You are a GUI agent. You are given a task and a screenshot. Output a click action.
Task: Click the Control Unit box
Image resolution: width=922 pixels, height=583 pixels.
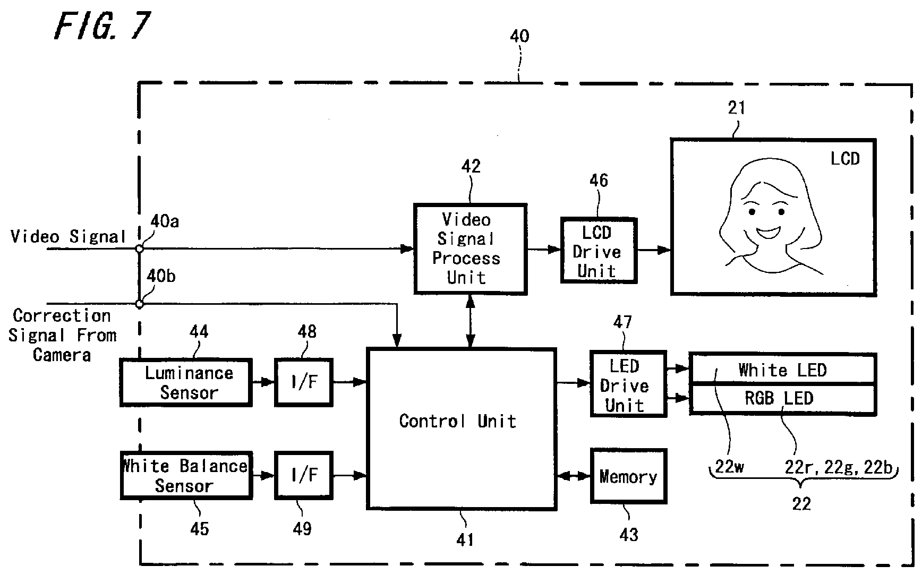point(461,429)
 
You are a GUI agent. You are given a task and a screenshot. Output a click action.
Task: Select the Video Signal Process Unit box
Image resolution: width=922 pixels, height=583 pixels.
point(470,248)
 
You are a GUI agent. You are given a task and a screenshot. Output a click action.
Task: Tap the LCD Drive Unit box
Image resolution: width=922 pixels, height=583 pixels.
point(599,250)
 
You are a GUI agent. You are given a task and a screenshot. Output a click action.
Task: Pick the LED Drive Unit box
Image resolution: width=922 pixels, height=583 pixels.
point(628,383)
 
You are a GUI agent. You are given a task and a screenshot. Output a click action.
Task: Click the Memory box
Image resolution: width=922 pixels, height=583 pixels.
point(628,476)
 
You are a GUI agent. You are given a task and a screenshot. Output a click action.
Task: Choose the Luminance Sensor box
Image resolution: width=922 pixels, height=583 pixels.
point(186,383)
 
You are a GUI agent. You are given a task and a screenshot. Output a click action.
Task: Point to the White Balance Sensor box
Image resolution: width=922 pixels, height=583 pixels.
point(186,475)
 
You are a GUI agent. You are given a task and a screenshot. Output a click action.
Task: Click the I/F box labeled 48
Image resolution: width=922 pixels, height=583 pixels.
point(304,383)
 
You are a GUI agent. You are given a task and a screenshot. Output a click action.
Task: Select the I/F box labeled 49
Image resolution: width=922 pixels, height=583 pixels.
point(304,475)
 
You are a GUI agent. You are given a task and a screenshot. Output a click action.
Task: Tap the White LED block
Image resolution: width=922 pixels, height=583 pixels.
point(782,369)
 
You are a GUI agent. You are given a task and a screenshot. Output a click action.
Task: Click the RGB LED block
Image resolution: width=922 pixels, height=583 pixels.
point(782,399)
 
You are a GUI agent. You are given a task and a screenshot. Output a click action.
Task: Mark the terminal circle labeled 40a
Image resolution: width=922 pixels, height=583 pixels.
point(139,248)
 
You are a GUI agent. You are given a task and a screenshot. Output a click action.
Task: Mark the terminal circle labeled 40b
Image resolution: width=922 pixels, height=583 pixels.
point(139,304)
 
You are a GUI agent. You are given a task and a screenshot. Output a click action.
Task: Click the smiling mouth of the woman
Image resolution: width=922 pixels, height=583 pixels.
point(769,232)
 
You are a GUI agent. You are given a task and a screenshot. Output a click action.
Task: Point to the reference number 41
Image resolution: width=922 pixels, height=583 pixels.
point(465,539)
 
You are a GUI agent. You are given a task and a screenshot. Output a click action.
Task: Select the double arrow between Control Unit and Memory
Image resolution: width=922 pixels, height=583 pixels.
point(573,476)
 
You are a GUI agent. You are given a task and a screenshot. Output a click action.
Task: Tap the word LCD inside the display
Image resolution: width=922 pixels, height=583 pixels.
point(844,158)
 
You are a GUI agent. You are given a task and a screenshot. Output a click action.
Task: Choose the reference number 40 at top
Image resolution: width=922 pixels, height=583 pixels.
point(519,36)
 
